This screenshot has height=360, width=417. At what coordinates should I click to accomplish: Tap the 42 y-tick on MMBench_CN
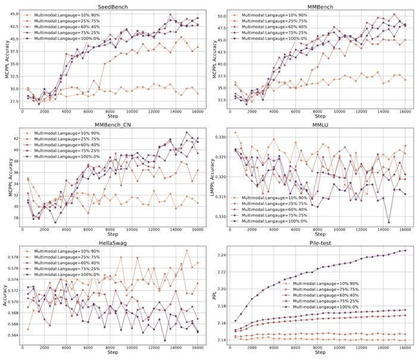tap(14, 138)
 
